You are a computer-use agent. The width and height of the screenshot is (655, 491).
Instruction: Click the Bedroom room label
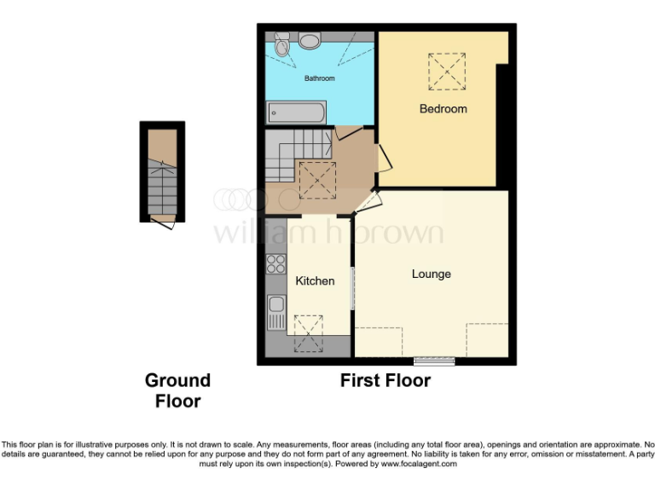point(443,109)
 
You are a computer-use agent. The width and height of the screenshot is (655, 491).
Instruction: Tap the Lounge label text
point(431,274)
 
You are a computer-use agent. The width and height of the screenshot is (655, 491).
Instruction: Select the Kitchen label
point(315,280)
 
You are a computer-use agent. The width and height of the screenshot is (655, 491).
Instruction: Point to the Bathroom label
point(320,78)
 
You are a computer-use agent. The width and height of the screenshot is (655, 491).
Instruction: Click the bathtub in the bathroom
point(295,112)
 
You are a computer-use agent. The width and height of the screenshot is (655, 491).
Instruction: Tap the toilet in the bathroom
point(282,45)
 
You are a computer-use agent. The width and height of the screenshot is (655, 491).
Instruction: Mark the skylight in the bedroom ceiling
point(447,71)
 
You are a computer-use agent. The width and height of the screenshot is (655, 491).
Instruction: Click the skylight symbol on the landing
point(316,181)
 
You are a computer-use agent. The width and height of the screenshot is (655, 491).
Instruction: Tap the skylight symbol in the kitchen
point(308,332)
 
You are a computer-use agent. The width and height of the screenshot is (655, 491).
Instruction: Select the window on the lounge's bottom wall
point(434,361)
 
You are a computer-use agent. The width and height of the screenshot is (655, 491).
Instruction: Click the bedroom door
point(384,158)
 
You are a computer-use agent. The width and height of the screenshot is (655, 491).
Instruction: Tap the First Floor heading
point(385,381)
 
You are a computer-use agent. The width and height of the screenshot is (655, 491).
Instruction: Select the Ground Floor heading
point(177,390)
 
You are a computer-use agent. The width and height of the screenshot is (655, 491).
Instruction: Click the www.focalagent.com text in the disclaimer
point(418,465)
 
